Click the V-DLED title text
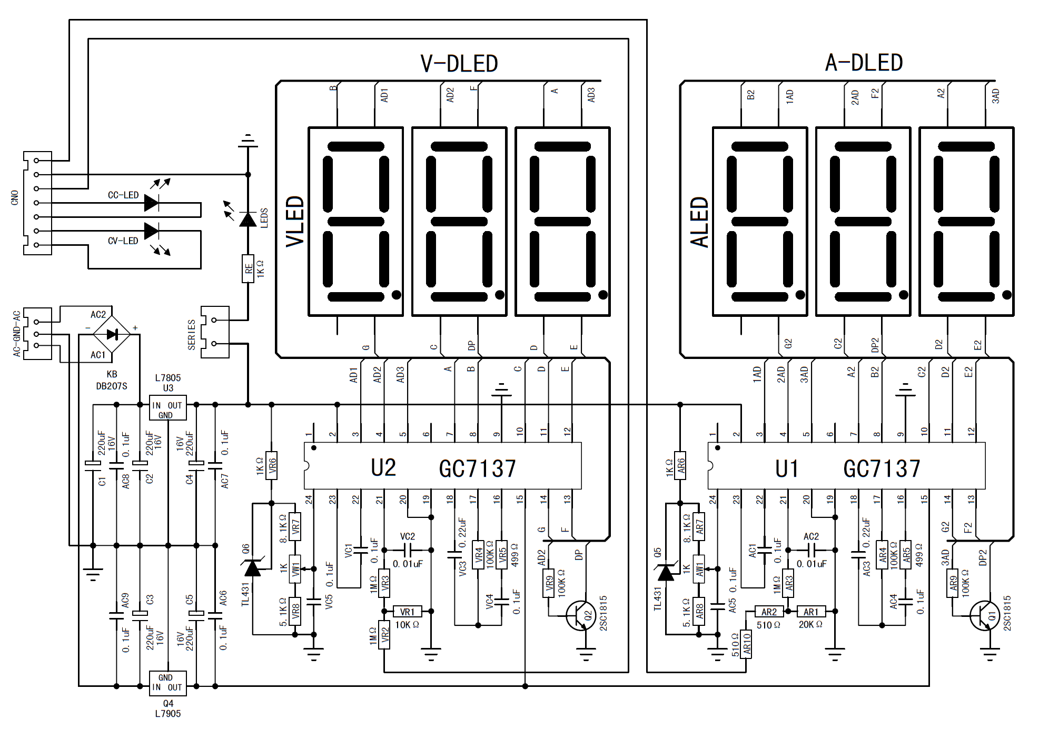coord(459,64)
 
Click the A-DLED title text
coord(864,63)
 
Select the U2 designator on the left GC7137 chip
coord(383,467)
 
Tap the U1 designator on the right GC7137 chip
coord(787,468)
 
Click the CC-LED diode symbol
coord(152,203)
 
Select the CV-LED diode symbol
coord(152,231)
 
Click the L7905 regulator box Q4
coord(168,683)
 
